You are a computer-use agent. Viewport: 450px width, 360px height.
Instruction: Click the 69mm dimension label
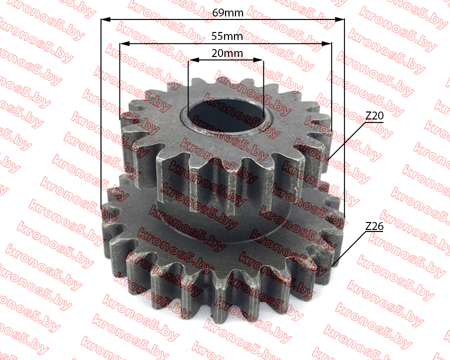tap(227, 12)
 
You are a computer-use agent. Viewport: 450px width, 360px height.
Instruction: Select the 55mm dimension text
tap(227, 36)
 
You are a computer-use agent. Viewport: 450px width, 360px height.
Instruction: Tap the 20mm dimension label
tap(227, 53)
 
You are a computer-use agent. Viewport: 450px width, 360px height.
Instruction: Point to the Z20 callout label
tap(374, 115)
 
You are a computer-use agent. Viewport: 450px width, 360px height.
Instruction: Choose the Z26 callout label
tap(374, 226)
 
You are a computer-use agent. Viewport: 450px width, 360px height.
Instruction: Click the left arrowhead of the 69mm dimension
tap(105, 19)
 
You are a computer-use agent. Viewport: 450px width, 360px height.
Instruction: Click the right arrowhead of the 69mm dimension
tap(339, 19)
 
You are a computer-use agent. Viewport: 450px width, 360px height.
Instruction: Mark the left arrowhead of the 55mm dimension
tap(124, 44)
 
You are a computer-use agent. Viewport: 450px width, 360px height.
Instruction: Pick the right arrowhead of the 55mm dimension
tap(326, 44)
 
